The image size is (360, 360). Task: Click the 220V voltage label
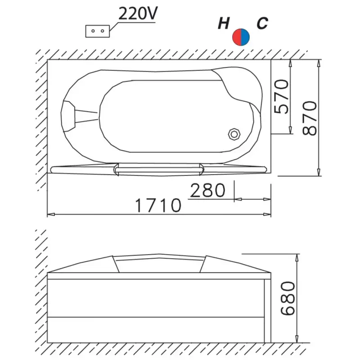[138, 13]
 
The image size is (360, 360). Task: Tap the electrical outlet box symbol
[98, 31]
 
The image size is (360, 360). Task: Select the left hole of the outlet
[93, 31]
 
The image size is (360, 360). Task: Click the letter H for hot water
[224, 23]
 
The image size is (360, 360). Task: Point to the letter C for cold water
[262, 23]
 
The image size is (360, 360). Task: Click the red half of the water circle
[237, 37]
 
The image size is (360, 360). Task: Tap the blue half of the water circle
[245, 37]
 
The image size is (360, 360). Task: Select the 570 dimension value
[281, 97]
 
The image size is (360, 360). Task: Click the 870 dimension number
[309, 118]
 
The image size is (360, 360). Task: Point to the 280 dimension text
[208, 190]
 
